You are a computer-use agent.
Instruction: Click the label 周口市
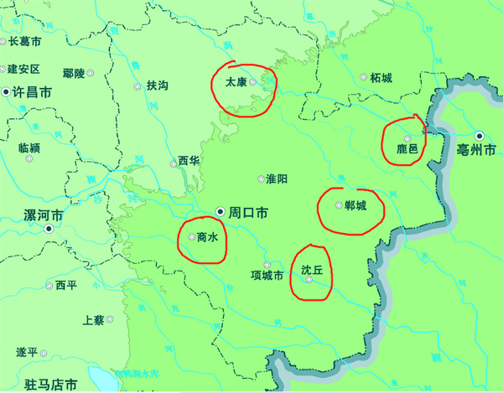tap(248, 214)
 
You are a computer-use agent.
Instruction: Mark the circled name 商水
tap(207, 237)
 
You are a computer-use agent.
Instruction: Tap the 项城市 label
tap(267, 275)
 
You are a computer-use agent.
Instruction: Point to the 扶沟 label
tap(158, 85)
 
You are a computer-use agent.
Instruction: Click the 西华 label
tap(188, 161)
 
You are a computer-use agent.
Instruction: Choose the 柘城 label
tap(381, 78)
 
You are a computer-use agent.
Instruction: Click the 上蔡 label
tap(93, 319)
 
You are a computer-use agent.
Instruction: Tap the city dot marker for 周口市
tap(220, 211)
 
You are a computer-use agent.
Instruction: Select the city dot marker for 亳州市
tap(478, 135)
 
